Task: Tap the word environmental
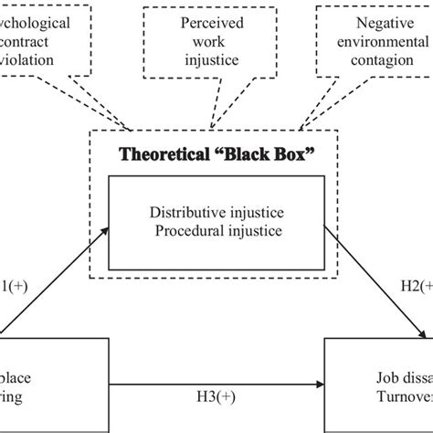pyautogui.click(x=375, y=42)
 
